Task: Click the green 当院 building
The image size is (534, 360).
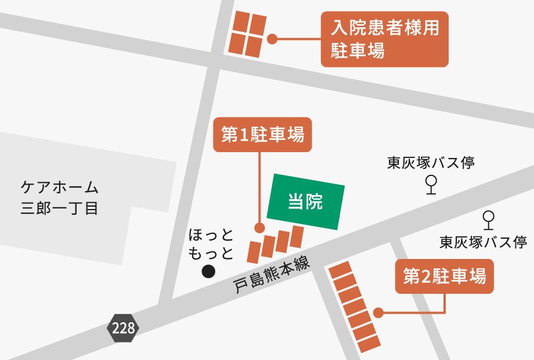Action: point(305,201)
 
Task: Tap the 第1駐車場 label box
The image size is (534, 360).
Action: point(262,135)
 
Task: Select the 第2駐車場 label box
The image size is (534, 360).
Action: point(444,277)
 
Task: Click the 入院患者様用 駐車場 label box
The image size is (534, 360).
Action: point(385,39)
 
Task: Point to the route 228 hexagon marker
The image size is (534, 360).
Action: point(123,328)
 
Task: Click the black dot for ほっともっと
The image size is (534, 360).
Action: point(208,271)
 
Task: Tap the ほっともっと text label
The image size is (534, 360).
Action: point(211,244)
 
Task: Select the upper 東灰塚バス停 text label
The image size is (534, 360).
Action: point(431,163)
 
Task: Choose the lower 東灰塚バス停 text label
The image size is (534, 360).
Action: point(483,242)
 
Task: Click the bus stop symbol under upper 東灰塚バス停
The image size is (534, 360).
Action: point(431,185)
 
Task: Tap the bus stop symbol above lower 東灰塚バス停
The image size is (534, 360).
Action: point(489,219)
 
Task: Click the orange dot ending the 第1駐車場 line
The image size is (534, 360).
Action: point(259,228)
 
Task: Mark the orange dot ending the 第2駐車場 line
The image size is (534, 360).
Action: point(378,313)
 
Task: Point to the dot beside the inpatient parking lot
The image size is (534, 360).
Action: point(272,39)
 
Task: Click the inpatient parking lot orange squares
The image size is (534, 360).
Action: point(248,34)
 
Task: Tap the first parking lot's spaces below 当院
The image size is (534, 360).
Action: point(276,244)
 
